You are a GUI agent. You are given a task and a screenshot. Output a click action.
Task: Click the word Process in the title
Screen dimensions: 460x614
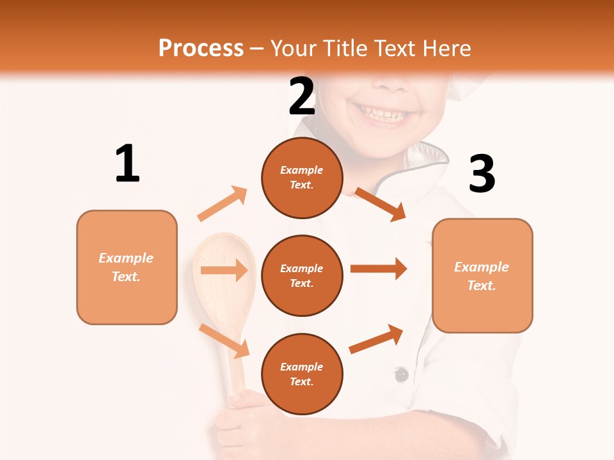[x=201, y=49]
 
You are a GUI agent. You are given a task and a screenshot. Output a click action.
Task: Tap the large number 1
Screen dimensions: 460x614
[x=127, y=164]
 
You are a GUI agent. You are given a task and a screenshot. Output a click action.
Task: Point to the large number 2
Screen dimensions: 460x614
[x=302, y=97]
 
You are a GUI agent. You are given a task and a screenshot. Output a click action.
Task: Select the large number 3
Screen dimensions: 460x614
[x=482, y=174]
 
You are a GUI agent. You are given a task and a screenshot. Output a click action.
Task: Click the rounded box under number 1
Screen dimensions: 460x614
[x=127, y=267]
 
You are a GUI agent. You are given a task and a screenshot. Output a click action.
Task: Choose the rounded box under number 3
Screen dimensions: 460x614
[x=482, y=275]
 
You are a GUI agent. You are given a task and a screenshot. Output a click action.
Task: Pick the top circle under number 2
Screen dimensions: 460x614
[x=302, y=178]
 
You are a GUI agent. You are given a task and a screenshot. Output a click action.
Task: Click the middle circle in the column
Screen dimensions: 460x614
[x=302, y=275]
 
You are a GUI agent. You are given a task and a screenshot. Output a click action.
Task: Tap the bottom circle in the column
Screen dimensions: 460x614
[x=302, y=374]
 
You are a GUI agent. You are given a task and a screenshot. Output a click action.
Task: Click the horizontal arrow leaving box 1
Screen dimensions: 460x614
[x=224, y=270]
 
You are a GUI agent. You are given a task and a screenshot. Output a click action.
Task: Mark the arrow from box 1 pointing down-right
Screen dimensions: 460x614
[x=224, y=341]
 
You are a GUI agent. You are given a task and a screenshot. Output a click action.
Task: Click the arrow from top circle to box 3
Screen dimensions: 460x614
[x=381, y=204]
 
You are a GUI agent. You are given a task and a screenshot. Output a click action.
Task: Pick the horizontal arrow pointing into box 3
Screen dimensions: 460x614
[x=379, y=269]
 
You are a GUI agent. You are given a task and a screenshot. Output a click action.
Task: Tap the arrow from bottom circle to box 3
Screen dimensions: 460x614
[x=377, y=339]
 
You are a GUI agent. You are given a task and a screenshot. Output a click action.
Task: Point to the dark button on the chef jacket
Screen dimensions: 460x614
[x=401, y=374]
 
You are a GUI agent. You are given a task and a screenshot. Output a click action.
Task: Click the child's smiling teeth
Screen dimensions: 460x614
[x=384, y=116]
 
